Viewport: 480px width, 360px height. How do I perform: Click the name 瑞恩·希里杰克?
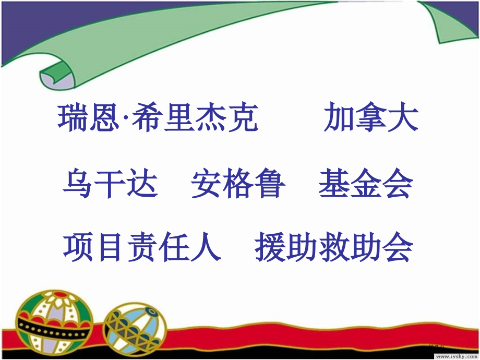click(x=158, y=118)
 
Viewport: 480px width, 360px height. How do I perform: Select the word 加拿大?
click(x=370, y=118)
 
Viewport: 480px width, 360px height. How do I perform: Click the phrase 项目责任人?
click(x=142, y=247)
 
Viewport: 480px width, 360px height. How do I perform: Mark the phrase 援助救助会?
click(x=334, y=247)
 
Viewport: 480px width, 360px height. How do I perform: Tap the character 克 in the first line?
click(x=244, y=118)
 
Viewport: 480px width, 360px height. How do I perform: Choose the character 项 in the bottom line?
click(x=79, y=247)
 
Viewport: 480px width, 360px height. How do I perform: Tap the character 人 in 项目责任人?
click(x=205, y=247)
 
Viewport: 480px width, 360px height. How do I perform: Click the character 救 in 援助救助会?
click(x=334, y=247)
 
